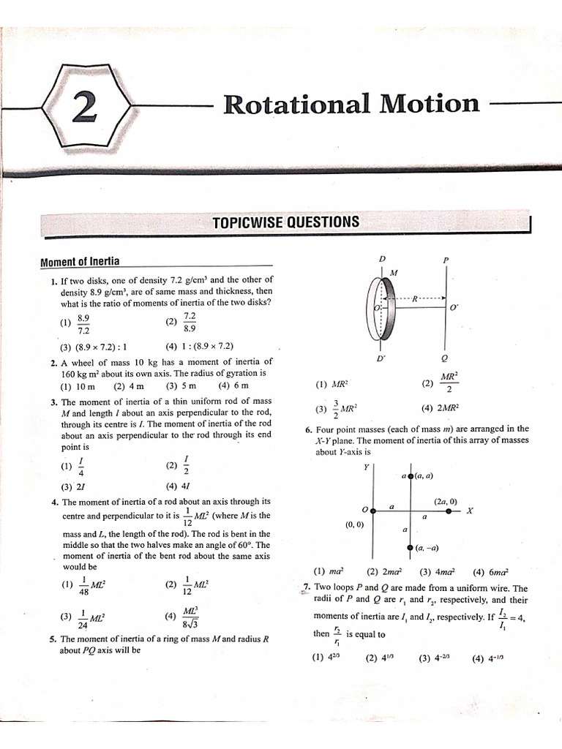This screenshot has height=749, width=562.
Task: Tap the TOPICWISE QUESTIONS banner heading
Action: [x=285, y=222]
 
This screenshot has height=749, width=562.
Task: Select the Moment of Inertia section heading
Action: [x=80, y=262]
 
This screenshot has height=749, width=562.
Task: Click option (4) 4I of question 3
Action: [x=179, y=485]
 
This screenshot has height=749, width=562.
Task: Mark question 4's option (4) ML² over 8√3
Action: [x=182, y=617]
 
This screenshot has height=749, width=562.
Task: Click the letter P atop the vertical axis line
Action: [x=446, y=260]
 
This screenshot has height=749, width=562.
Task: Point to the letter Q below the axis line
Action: [x=445, y=358]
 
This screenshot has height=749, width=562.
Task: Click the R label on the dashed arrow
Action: [x=415, y=299]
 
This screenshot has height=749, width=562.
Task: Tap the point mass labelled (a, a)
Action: [x=410, y=476]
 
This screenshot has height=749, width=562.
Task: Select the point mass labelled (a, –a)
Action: [x=410, y=547]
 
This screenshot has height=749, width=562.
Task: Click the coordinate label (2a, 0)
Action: [x=445, y=501]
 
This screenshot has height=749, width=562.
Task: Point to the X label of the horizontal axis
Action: [x=470, y=511]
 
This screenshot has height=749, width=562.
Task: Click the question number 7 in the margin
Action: [x=307, y=587]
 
